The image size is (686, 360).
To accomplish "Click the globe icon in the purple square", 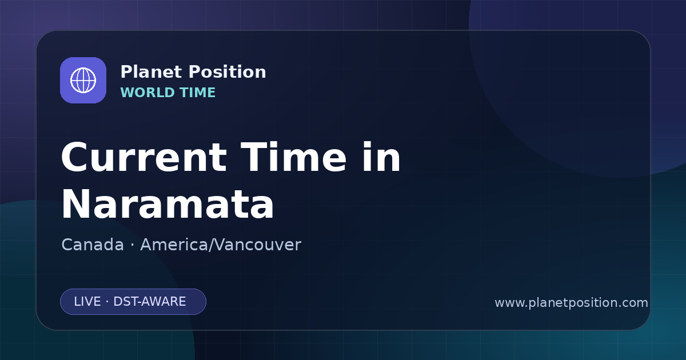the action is click(x=83, y=80).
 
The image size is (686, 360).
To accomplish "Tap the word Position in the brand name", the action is click(x=228, y=72).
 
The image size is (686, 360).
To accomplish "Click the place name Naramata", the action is click(x=167, y=204).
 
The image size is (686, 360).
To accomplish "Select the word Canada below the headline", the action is click(x=93, y=245).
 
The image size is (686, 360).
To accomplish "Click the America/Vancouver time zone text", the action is click(x=221, y=245).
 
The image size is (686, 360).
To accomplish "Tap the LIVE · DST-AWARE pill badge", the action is click(x=133, y=302).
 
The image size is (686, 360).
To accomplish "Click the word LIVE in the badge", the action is click(x=87, y=302).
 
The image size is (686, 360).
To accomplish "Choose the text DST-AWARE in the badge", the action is click(x=149, y=302).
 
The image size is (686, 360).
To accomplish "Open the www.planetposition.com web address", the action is click(x=572, y=303).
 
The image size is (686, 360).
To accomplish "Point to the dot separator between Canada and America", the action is click(x=132, y=246).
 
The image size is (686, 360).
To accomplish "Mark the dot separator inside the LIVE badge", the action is click(x=107, y=302).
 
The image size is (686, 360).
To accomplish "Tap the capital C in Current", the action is click(x=74, y=157).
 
